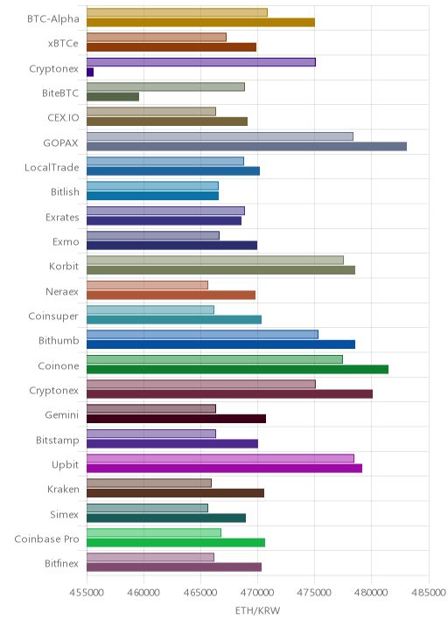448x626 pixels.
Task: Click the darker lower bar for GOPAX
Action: coord(247,147)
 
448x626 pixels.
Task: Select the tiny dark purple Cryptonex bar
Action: coord(90,73)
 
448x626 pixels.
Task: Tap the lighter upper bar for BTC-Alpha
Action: coord(177,12)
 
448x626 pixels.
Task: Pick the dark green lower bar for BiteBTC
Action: coord(113,97)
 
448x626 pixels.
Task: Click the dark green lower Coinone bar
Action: coord(237,369)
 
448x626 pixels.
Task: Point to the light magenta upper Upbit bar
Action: coord(220,458)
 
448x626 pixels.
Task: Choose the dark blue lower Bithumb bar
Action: coord(220,344)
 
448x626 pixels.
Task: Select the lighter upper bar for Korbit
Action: coord(215,261)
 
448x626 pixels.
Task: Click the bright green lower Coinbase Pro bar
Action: coord(176,543)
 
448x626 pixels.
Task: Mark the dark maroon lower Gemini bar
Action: coord(176,419)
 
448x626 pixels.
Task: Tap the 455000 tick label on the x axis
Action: coord(87,593)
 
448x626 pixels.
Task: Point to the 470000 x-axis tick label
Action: coord(258,593)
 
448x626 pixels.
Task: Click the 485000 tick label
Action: coord(429,593)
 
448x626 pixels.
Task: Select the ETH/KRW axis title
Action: coord(258,611)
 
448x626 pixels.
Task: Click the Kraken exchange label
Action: coord(63,489)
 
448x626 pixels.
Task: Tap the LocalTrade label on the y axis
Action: coord(52,167)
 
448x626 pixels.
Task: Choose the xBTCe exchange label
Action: coord(63,44)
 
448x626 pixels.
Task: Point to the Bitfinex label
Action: coord(61,563)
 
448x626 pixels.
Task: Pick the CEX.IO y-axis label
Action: coord(63,118)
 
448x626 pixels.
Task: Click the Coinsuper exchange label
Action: coord(53,316)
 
